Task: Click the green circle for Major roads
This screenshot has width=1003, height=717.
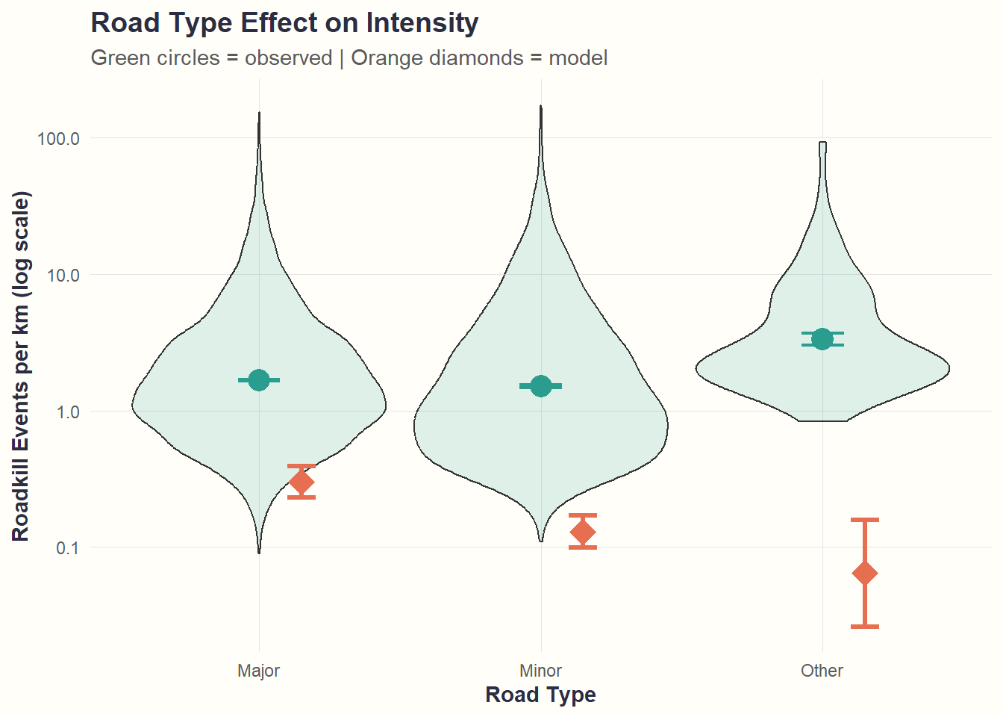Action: coord(259,380)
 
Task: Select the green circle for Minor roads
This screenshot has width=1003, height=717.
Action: coord(541,386)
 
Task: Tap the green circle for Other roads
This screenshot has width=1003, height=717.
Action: coord(822,339)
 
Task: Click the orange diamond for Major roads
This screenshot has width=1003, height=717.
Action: coord(301,482)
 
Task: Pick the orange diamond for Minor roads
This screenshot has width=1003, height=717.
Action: coord(583,533)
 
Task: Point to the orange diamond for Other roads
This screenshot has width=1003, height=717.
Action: coord(865,574)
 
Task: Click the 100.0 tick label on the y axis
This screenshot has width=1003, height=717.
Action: coord(58,139)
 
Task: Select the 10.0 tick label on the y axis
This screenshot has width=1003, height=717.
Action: coord(62,276)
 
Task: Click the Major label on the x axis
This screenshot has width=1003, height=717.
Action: coord(258,671)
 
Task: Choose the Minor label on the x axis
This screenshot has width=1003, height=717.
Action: coord(540,671)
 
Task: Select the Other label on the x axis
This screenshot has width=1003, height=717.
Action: coord(822,671)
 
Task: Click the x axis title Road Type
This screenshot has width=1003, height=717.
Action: coord(540,695)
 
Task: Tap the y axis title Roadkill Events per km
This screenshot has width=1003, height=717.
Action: coord(21,366)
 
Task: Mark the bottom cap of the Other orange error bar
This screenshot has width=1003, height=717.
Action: coord(865,627)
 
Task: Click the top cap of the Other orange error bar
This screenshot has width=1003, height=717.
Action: coord(865,520)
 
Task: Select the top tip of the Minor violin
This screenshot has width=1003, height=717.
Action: coord(541,107)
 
